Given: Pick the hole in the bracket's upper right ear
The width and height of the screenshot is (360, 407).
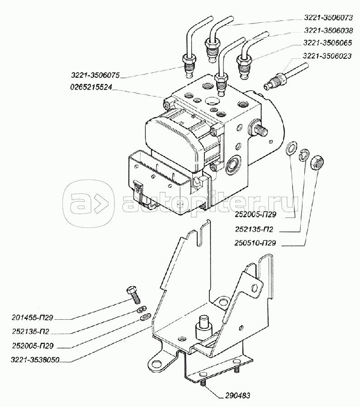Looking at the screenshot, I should point(255,287).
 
